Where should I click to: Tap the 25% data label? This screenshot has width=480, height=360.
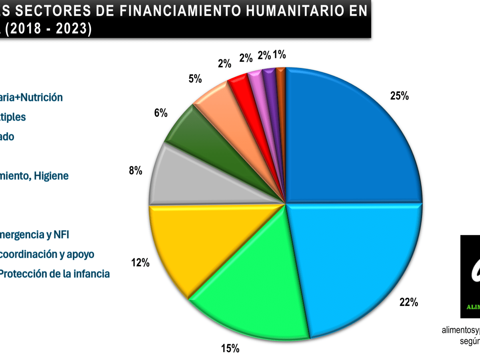click(x=399, y=96)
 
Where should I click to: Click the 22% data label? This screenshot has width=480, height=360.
click(x=409, y=302)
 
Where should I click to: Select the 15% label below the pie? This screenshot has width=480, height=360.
click(x=230, y=348)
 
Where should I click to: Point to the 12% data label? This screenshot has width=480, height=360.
click(x=140, y=263)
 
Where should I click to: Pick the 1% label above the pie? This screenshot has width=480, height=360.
click(x=279, y=54)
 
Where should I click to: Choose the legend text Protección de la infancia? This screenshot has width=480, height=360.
click(x=54, y=274)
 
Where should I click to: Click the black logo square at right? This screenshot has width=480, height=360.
click(x=470, y=276)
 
